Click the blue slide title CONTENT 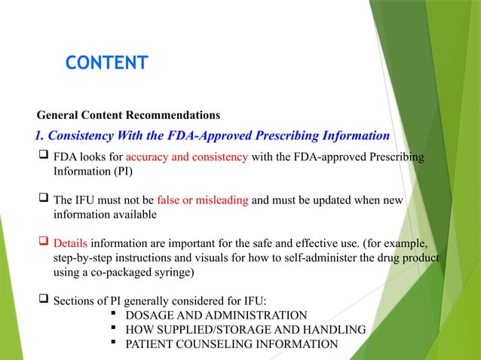(106, 63)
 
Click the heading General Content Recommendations (128, 115)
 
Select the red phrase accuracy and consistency (187, 157)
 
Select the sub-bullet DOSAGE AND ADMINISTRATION (216, 316)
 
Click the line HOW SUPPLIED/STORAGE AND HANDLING (245, 330)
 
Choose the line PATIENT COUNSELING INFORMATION (231, 344)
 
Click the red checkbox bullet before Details (44, 243)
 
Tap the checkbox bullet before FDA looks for (44, 157)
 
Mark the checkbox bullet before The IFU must (44, 200)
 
